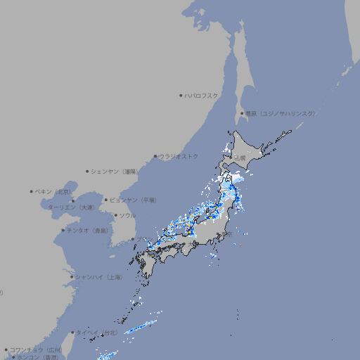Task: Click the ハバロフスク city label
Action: (x=202, y=95)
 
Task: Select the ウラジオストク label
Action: (x=179, y=156)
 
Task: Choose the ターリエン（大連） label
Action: (x=71, y=207)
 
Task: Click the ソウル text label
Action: (x=127, y=215)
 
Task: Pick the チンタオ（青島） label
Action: (x=87, y=230)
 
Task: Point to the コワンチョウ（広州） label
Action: (x=36, y=349)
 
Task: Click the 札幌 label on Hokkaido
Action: (x=240, y=159)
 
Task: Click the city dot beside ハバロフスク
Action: (x=181, y=95)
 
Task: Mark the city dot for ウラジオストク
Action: (x=155, y=156)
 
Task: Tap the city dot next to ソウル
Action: (x=115, y=215)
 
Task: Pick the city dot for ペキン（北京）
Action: (x=32, y=191)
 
